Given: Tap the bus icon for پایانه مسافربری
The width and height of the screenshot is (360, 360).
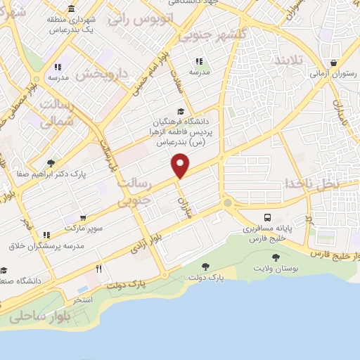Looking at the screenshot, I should point(268,217).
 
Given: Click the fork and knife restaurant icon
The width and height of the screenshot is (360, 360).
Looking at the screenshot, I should point(99,268).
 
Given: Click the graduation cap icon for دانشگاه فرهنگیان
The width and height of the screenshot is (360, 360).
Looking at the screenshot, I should point(181,111).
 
